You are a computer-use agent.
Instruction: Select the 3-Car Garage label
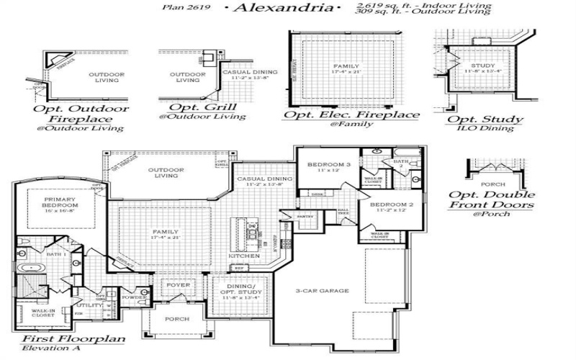point(323,291)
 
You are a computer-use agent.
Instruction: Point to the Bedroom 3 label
point(328,165)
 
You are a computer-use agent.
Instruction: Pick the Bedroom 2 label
point(391,205)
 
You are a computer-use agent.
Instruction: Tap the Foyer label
point(179,285)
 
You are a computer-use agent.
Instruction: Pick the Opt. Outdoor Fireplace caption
point(81,114)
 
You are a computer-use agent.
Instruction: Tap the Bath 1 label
point(57,254)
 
